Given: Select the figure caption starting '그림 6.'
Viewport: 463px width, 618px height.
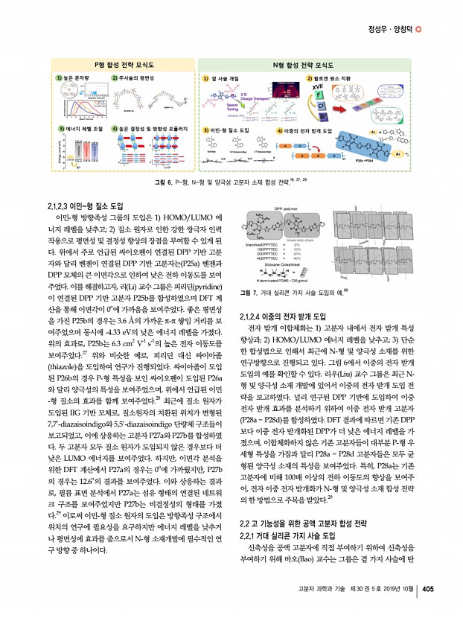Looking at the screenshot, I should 231,182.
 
